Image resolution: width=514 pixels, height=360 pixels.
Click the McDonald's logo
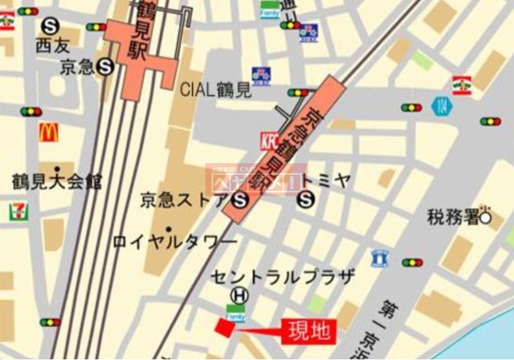pos(48,133)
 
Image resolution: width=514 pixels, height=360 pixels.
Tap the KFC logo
pos(269,140)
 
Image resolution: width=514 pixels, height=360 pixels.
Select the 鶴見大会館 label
pos(57,182)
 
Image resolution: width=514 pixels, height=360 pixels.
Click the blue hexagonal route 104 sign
pos(440,106)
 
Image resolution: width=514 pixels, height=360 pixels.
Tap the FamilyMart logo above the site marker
pos(236,313)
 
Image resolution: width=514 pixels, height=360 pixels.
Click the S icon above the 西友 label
pos(50,26)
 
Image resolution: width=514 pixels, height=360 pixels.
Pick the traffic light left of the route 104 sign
pos(411,107)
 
